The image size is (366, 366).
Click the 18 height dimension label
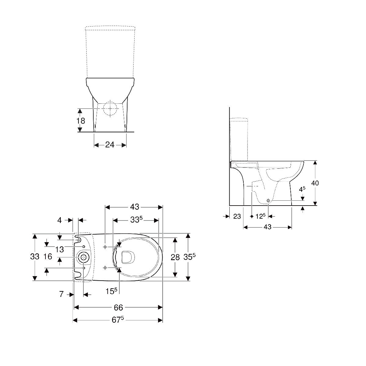[81, 121]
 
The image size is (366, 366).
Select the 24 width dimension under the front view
[110, 145]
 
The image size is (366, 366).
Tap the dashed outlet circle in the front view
[110, 109]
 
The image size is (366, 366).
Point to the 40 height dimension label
[315, 183]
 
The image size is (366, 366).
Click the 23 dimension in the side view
[237, 216]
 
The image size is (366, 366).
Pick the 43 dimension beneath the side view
[267, 227]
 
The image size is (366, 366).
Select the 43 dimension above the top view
[135, 207]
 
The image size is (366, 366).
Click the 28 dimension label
[175, 257]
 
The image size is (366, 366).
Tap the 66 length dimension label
[118, 307]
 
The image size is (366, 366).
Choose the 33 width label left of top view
[34, 257]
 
